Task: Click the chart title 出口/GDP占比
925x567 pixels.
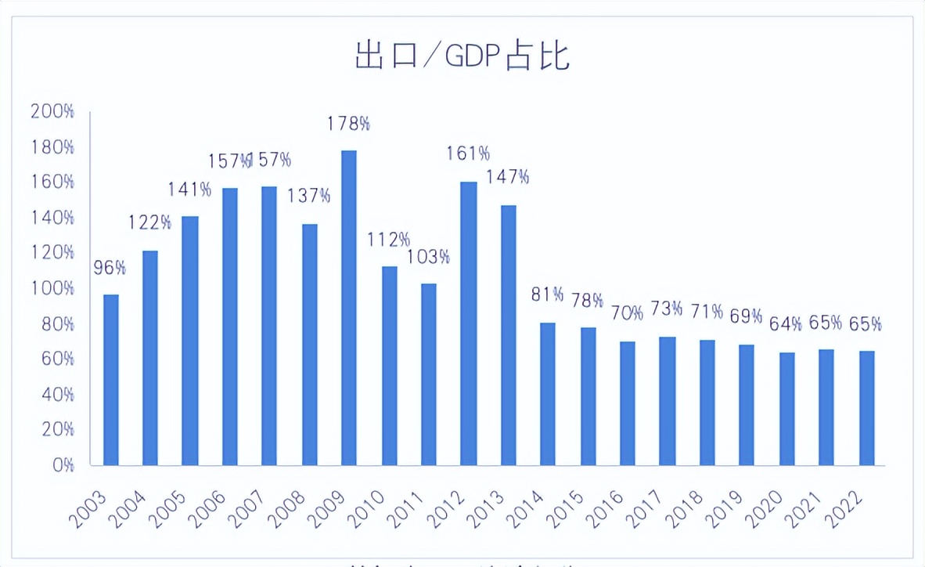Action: coord(462,57)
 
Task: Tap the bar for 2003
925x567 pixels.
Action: coord(110,380)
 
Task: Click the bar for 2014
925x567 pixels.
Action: coord(548,394)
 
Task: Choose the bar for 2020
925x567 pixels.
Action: coord(786,408)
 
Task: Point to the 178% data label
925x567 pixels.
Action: coord(349,124)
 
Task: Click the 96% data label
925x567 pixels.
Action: coord(110,268)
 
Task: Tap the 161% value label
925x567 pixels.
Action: coord(468,153)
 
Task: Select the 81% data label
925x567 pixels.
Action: coord(548,294)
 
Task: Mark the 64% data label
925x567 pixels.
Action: coord(786,323)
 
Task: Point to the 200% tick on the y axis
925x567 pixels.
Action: coord(52,111)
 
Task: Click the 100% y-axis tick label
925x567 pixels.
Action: coord(52,288)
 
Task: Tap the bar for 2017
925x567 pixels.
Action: coord(668,401)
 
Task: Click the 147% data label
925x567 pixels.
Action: coord(508,177)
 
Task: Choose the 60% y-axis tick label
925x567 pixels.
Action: coord(56,359)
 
